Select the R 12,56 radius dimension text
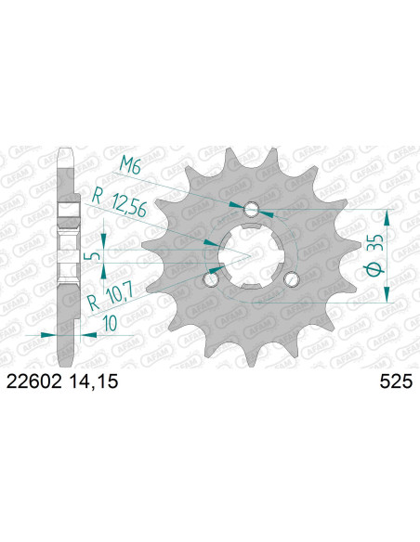pyautogui.click(x=119, y=203)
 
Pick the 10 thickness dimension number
pyautogui.click(x=110, y=324)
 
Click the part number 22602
pyautogui.click(x=34, y=381)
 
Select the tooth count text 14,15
pyautogui.click(x=94, y=381)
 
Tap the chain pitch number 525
pyautogui.click(x=396, y=381)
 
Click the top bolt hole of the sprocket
pyautogui.click(x=252, y=210)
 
